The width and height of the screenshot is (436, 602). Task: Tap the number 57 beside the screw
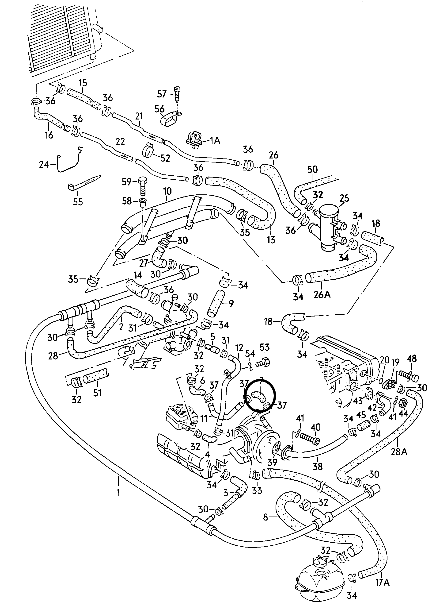click(x=162, y=94)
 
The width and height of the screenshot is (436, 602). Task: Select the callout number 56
click(x=159, y=109)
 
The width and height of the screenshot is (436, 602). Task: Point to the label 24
click(x=44, y=165)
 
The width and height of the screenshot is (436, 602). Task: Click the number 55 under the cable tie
click(x=78, y=201)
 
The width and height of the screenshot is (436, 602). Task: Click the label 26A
click(x=322, y=294)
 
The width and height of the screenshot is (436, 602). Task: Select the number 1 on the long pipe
click(x=118, y=492)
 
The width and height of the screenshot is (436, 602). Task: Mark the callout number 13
click(x=271, y=240)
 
